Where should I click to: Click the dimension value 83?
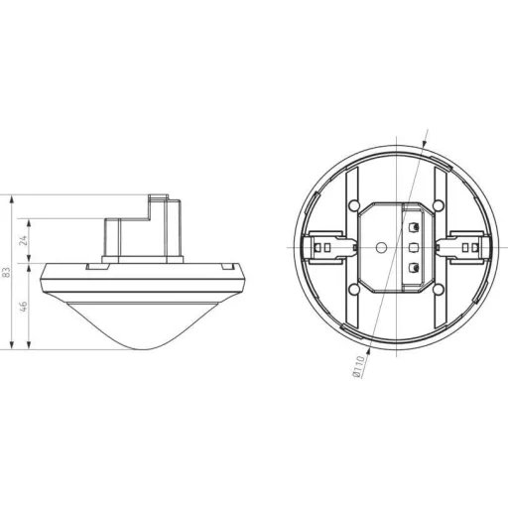(x=7, y=272)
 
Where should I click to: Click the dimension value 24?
(x=23, y=240)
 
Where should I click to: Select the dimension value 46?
(x=23, y=307)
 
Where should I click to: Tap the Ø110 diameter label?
(x=358, y=366)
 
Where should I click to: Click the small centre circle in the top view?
(x=382, y=247)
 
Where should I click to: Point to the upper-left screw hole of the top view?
(x=353, y=205)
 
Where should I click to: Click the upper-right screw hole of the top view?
(x=439, y=205)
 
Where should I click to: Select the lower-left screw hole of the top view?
(x=353, y=290)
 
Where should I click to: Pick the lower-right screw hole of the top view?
(x=439, y=290)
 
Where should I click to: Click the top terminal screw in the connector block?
(x=414, y=227)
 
